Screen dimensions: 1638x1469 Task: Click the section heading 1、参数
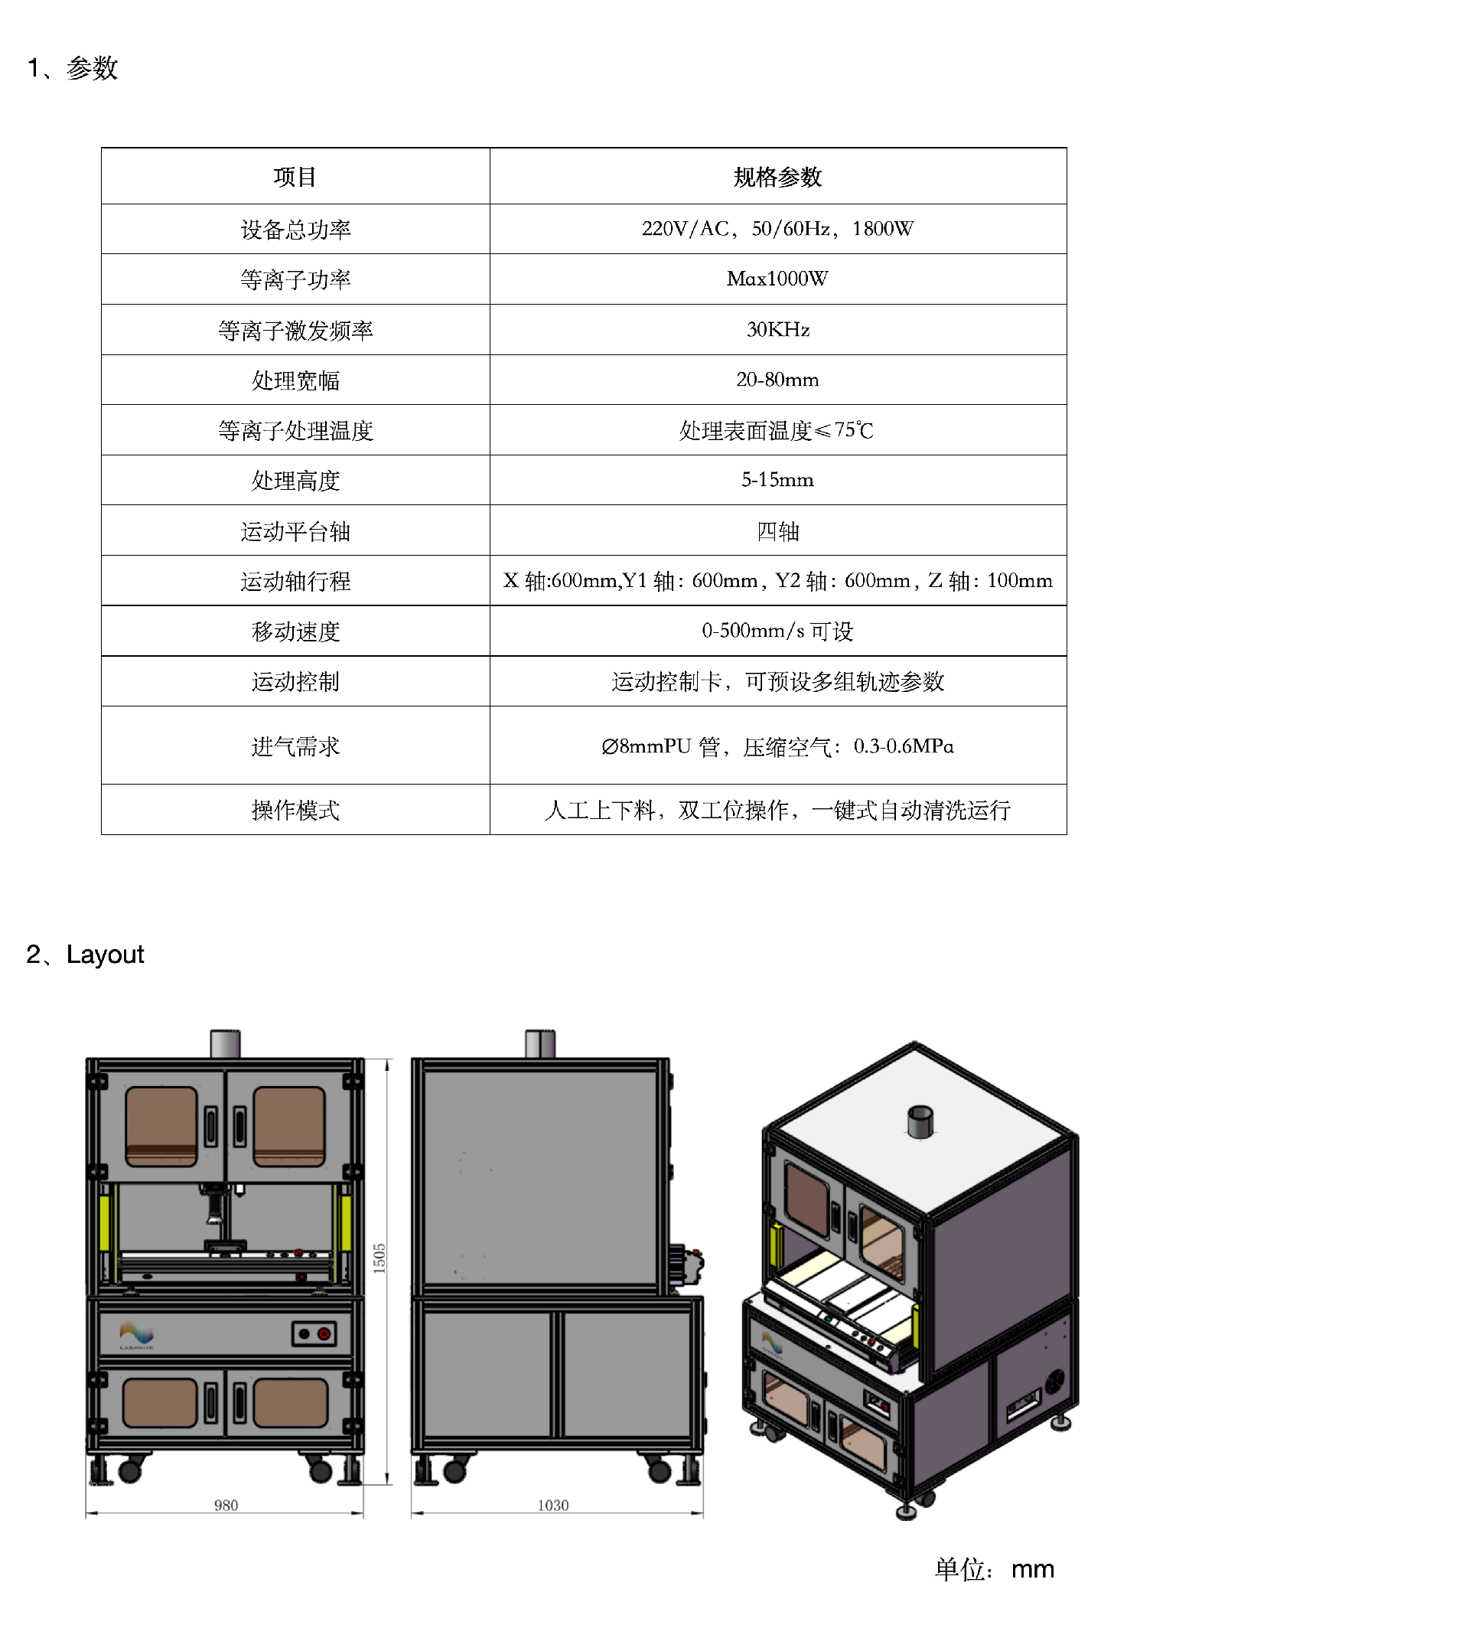(x=73, y=68)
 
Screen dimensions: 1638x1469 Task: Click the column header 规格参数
(x=777, y=177)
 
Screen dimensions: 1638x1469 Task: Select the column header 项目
(x=295, y=177)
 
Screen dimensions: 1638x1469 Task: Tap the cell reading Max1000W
(x=777, y=279)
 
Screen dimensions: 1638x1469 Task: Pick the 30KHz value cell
(x=777, y=329)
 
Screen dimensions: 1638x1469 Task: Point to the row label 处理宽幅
(x=295, y=380)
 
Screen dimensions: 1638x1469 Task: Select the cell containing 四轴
(x=777, y=531)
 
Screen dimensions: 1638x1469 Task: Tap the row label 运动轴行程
(x=295, y=581)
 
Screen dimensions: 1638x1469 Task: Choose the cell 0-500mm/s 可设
(x=777, y=631)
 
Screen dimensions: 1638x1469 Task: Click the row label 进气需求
(x=295, y=747)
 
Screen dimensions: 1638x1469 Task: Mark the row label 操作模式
(x=295, y=810)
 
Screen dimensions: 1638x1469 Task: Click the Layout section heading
(x=86, y=954)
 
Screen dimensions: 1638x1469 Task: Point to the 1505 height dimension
(x=379, y=1258)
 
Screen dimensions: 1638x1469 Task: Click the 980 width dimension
(x=226, y=1505)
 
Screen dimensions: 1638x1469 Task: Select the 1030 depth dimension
(x=553, y=1505)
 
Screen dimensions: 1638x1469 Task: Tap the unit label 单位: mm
(x=994, y=1568)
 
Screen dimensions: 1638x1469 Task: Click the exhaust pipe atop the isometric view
(x=920, y=1121)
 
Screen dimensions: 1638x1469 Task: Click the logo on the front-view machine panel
(x=136, y=1334)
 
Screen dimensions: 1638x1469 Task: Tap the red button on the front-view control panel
(x=324, y=1333)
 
